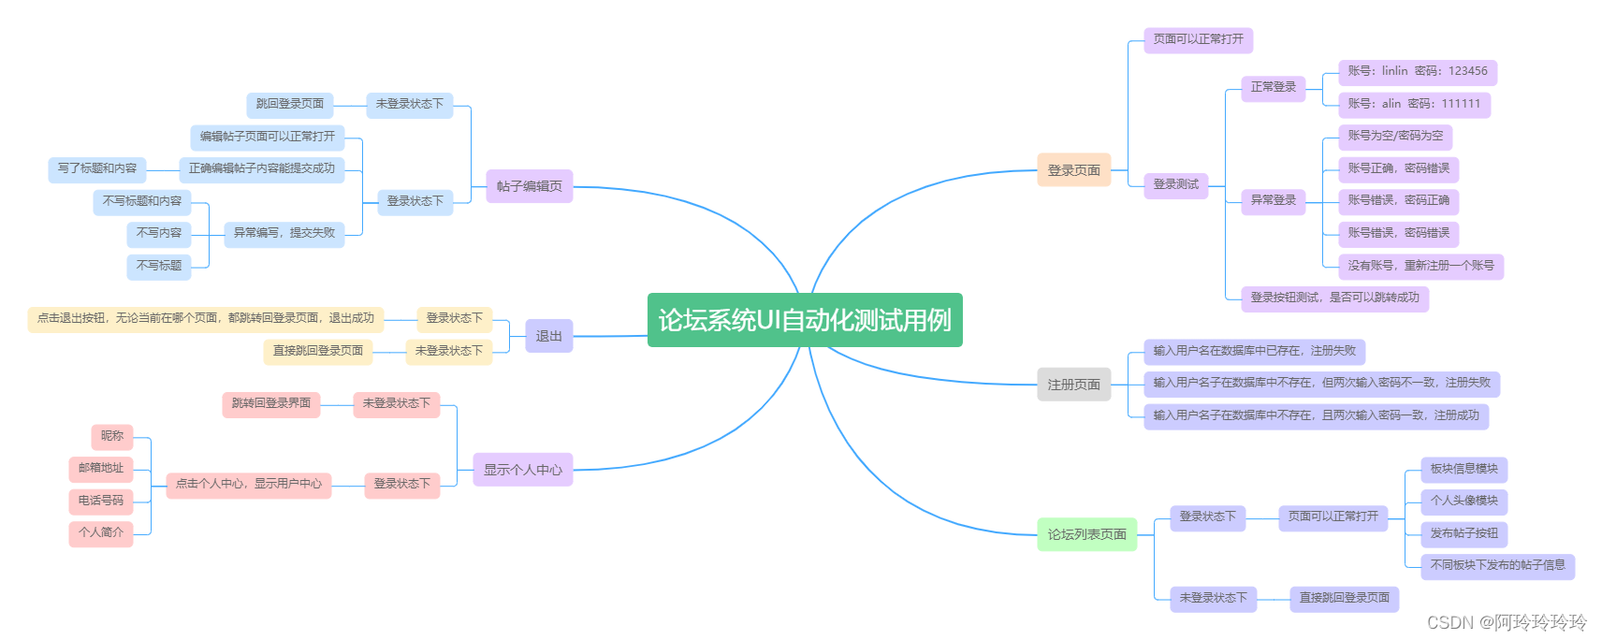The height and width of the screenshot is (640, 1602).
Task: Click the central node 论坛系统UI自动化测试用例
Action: (x=805, y=320)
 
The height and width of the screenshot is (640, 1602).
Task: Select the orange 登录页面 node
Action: (x=1073, y=170)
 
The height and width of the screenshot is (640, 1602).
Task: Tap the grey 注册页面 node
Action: (x=1073, y=385)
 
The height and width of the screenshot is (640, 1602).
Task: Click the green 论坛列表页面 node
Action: (x=1086, y=534)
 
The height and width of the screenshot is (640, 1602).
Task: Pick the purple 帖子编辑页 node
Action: (x=529, y=186)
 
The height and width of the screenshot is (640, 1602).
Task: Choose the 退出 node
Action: (x=548, y=336)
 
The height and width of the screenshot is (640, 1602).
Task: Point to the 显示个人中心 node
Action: (x=522, y=470)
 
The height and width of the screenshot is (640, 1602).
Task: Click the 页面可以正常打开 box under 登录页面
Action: (x=1198, y=39)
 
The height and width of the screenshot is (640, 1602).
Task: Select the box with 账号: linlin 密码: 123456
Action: (x=1417, y=71)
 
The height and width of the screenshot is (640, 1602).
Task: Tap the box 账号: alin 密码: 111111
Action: (x=1413, y=104)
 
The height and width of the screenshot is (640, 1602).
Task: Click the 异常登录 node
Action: (x=1273, y=200)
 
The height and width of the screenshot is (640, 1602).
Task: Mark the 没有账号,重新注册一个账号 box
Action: (x=1420, y=266)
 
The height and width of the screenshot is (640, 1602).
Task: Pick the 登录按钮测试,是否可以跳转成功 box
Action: (x=1334, y=298)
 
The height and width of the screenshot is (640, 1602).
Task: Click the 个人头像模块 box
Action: (x=1464, y=501)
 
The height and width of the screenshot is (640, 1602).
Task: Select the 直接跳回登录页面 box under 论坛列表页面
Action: (x=1344, y=598)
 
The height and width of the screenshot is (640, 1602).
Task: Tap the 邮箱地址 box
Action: (x=101, y=468)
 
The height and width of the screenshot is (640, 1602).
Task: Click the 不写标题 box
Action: (x=159, y=266)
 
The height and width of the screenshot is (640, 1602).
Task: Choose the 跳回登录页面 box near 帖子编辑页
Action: (x=290, y=104)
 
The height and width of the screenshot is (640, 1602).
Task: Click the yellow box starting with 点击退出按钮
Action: (x=205, y=318)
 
